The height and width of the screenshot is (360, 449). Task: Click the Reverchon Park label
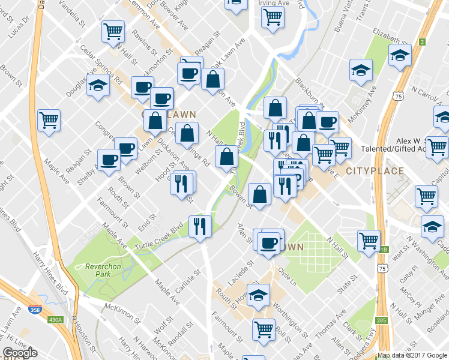tap(91, 270)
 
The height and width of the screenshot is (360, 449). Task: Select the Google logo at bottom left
tap(20, 353)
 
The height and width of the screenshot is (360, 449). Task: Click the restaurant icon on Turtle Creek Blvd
tap(200, 226)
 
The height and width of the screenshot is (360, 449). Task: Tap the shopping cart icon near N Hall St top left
tap(113, 31)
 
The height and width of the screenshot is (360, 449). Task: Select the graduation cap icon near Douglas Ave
tap(98, 86)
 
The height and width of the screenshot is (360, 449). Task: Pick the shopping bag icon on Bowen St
tap(259, 194)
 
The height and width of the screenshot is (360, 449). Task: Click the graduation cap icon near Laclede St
tap(258, 295)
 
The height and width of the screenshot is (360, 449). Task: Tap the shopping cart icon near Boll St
tap(264, 329)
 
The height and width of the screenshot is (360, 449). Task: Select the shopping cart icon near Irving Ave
tap(273, 17)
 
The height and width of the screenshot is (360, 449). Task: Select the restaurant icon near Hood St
tap(183, 182)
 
